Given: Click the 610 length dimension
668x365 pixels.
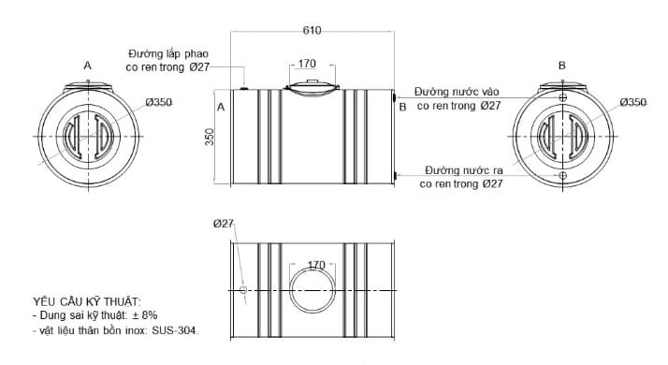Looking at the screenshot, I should [x=312, y=31].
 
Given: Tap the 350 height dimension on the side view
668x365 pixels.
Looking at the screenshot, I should [x=210, y=136].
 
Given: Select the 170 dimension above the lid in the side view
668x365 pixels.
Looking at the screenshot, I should [x=307, y=64].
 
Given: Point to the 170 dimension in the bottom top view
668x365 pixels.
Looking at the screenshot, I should [x=315, y=265].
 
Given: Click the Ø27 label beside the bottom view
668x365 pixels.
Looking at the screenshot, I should [x=223, y=223].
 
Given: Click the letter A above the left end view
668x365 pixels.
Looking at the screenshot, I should [x=87, y=66].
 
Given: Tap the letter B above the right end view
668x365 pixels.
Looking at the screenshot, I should [x=561, y=66].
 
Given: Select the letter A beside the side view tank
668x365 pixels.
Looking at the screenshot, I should [x=221, y=108].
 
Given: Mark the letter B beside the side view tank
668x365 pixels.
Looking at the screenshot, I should [x=402, y=108].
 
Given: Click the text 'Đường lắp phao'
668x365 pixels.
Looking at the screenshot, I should [x=169, y=53].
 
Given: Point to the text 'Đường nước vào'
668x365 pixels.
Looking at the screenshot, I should [x=457, y=93].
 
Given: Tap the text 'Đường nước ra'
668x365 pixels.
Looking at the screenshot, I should [x=463, y=171].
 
